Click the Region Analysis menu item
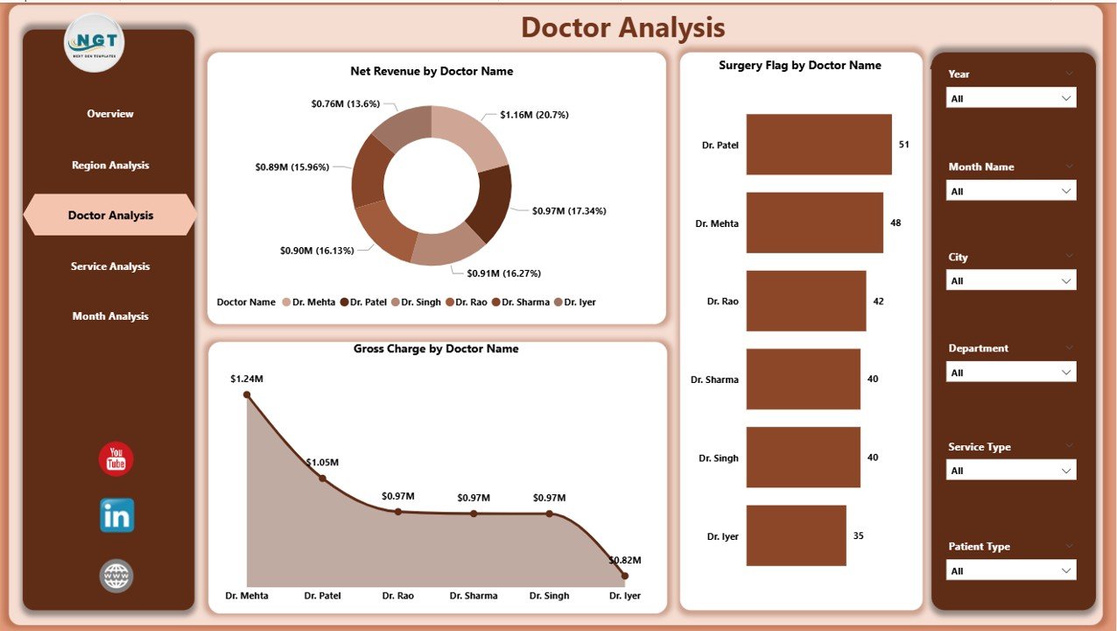(110, 165)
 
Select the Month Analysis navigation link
(110, 316)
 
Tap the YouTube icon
(116, 459)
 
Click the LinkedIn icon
(116, 515)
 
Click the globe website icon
(116, 576)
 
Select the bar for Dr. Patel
(818, 145)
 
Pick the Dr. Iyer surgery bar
(796, 535)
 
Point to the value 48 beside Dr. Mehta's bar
(896, 223)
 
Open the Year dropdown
(1011, 98)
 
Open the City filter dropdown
(1011, 280)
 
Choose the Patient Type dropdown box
(1011, 571)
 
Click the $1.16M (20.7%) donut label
(536, 115)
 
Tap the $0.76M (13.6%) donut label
(345, 103)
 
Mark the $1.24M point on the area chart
(247, 394)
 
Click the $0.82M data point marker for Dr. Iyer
(624, 576)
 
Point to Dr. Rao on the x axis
(398, 596)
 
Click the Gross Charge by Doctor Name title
(436, 349)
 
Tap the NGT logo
(95, 42)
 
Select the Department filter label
(978, 348)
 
